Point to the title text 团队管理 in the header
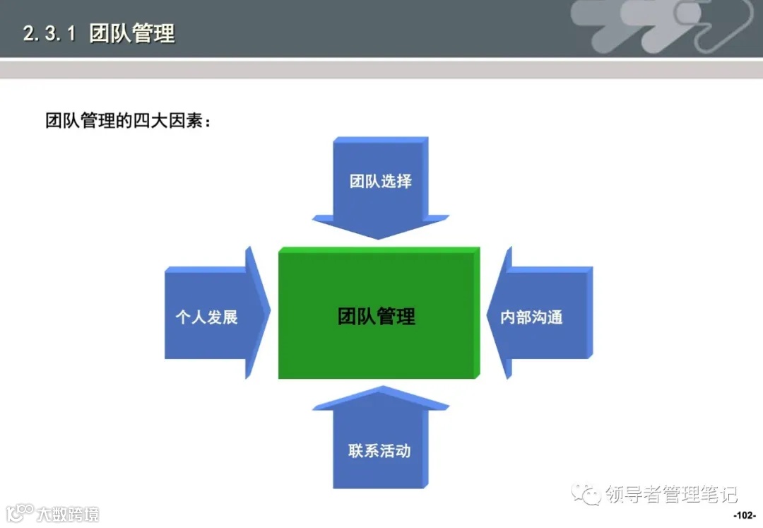132,33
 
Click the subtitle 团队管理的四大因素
128,120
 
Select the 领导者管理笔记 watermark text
671,494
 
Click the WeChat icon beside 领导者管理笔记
586,494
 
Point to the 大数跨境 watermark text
68,513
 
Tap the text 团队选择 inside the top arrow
380,181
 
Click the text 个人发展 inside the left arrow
206,317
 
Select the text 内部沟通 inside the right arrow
531,317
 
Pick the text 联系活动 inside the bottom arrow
379,450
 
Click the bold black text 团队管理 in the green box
377,316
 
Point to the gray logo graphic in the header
661,28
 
